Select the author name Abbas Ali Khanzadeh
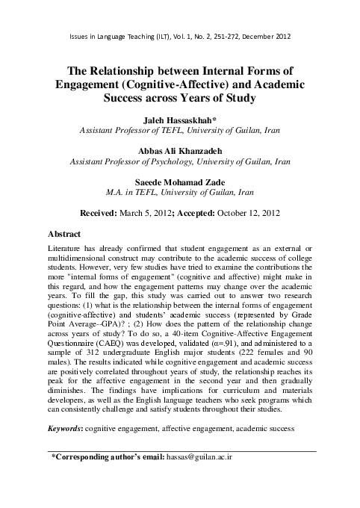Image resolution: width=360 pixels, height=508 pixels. pyautogui.click(x=180, y=149)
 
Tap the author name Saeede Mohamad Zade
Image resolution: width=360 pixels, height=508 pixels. pyautogui.click(x=180, y=181)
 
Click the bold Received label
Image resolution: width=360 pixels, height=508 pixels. pyautogui.click(x=106, y=212)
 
